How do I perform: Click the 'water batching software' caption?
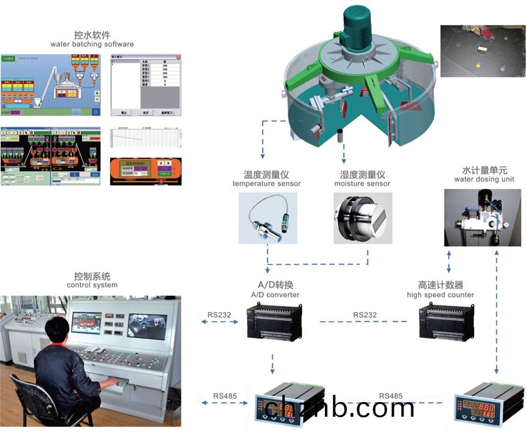92,44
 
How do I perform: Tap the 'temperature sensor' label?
267,184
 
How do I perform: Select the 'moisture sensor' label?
362,184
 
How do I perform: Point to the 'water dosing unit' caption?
484,179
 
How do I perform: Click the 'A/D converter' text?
275,295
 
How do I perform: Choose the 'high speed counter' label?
440,295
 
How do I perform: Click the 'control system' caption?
92,285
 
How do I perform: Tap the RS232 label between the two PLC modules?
365,315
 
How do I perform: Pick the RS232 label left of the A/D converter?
218,315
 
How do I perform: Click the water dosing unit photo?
483,216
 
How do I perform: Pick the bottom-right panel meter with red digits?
486,405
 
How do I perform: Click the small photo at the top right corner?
482,51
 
